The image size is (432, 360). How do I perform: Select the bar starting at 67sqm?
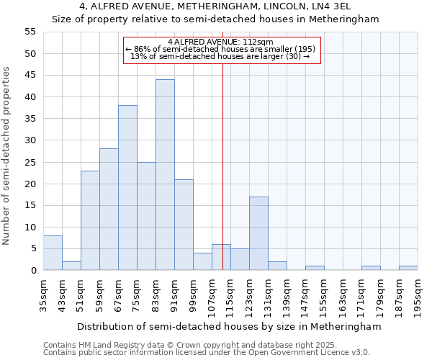[127, 188]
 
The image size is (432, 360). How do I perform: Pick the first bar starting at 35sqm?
[53, 253]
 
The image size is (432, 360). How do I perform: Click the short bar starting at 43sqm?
[71, 266]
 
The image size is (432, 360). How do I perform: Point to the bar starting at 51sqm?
[90, 220]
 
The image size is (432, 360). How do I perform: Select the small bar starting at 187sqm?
[408, 268]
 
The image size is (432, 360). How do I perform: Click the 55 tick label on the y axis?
[30, 32]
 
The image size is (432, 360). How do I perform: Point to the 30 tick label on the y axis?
[30, 140]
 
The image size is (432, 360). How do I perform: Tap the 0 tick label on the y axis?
[32, 271]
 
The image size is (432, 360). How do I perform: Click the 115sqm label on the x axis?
[230, 294]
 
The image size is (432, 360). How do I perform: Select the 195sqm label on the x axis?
[418, 294]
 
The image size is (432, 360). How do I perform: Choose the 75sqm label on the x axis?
[137, 294]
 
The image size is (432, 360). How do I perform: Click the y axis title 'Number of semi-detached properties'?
[7, 156]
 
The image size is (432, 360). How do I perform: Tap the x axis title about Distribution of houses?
[228, 326]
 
